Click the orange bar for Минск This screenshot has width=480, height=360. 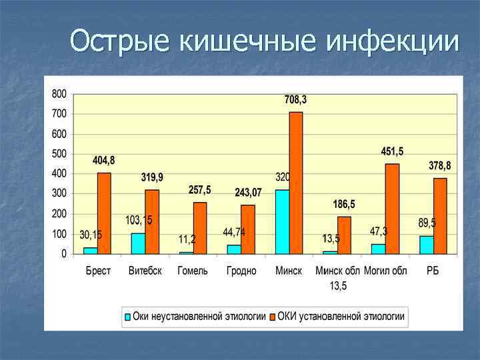point(295,183)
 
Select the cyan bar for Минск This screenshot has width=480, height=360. point(282,221)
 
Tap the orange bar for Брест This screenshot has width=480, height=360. point(104,213)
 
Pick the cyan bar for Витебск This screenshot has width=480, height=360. point(138,243)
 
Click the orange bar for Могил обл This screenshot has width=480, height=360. point(392,209)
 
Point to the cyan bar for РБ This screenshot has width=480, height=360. point(426,245)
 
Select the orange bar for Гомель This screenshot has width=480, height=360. point(200,228)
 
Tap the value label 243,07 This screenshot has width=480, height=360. point(248,193)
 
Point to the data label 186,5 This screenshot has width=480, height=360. point(345,204)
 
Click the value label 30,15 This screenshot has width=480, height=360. point(91,235)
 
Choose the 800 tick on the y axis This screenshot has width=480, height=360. point(59,94)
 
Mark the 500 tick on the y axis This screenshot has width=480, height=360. point(59,154)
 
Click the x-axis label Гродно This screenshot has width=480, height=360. point(241,271)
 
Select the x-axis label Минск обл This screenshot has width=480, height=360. point(337,271)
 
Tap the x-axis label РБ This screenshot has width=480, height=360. point(433,271)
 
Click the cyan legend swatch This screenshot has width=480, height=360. point(127,316)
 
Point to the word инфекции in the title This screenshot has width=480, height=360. point(393,41)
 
